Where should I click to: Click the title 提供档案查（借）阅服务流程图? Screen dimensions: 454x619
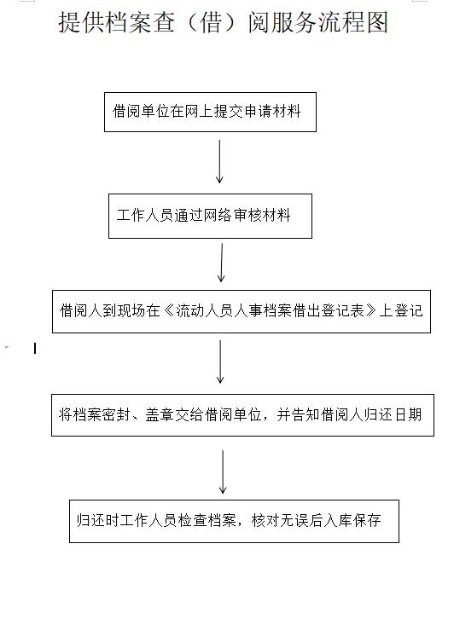(224, 22)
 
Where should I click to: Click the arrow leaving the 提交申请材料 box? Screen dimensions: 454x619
(219, 161)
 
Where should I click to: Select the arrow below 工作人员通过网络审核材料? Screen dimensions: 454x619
(222, 263)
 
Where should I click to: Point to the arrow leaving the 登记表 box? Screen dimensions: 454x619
(220, 362)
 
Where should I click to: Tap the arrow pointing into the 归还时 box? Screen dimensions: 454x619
(223, 471)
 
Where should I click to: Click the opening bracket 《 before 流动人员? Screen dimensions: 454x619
(168, 311)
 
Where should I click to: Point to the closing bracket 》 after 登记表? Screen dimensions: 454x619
(371, 311)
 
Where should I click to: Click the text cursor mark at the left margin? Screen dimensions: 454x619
(35, 348)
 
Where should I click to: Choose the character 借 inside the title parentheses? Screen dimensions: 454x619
(212, 22)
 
